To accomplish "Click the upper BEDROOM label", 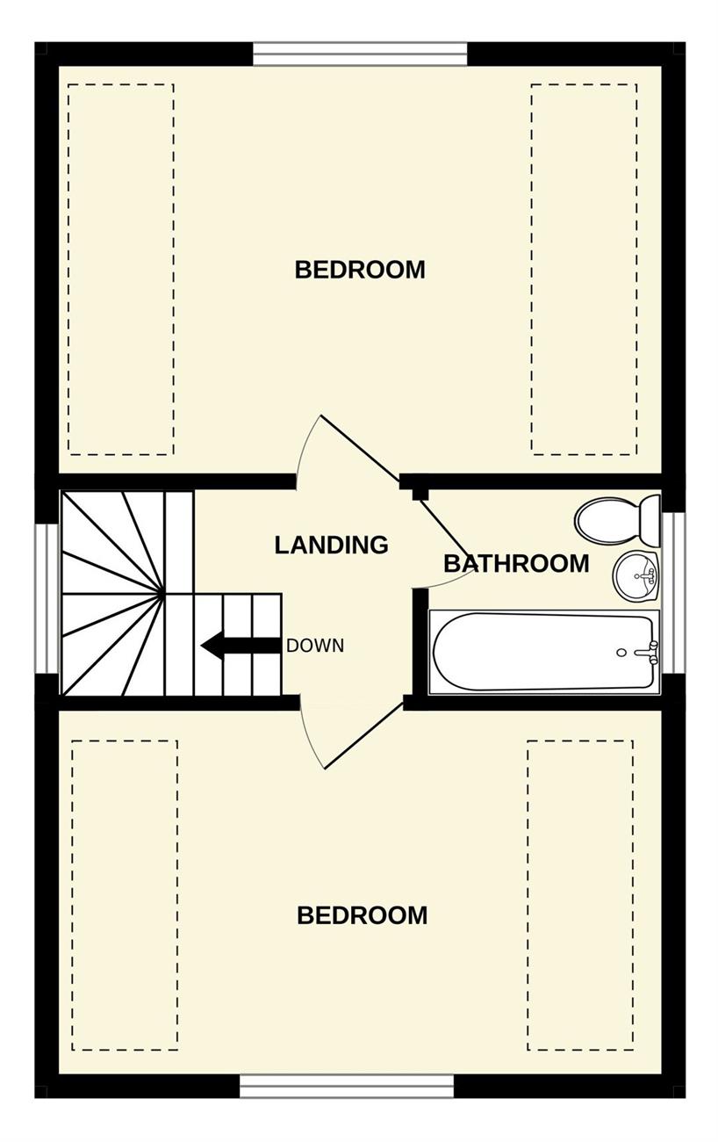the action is click(360, 269).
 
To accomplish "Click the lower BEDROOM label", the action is click(362, 915).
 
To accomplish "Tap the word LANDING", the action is click(331, 545).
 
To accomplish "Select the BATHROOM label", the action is click(516, 563).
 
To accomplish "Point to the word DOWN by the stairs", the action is click(315, 646).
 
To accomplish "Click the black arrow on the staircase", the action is click(241, 646).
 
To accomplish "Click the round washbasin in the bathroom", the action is click(636, 577).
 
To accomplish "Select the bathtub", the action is click(544, 652).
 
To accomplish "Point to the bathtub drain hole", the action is click(621, 653).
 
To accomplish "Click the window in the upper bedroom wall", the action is click(360, 54).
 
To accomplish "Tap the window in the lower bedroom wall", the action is click(347, 1087).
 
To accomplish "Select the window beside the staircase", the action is click(49, 598).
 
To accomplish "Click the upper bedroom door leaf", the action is click(360, 449).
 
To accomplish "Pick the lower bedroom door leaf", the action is click(364, 736).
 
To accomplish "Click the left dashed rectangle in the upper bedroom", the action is click(121, 269).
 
